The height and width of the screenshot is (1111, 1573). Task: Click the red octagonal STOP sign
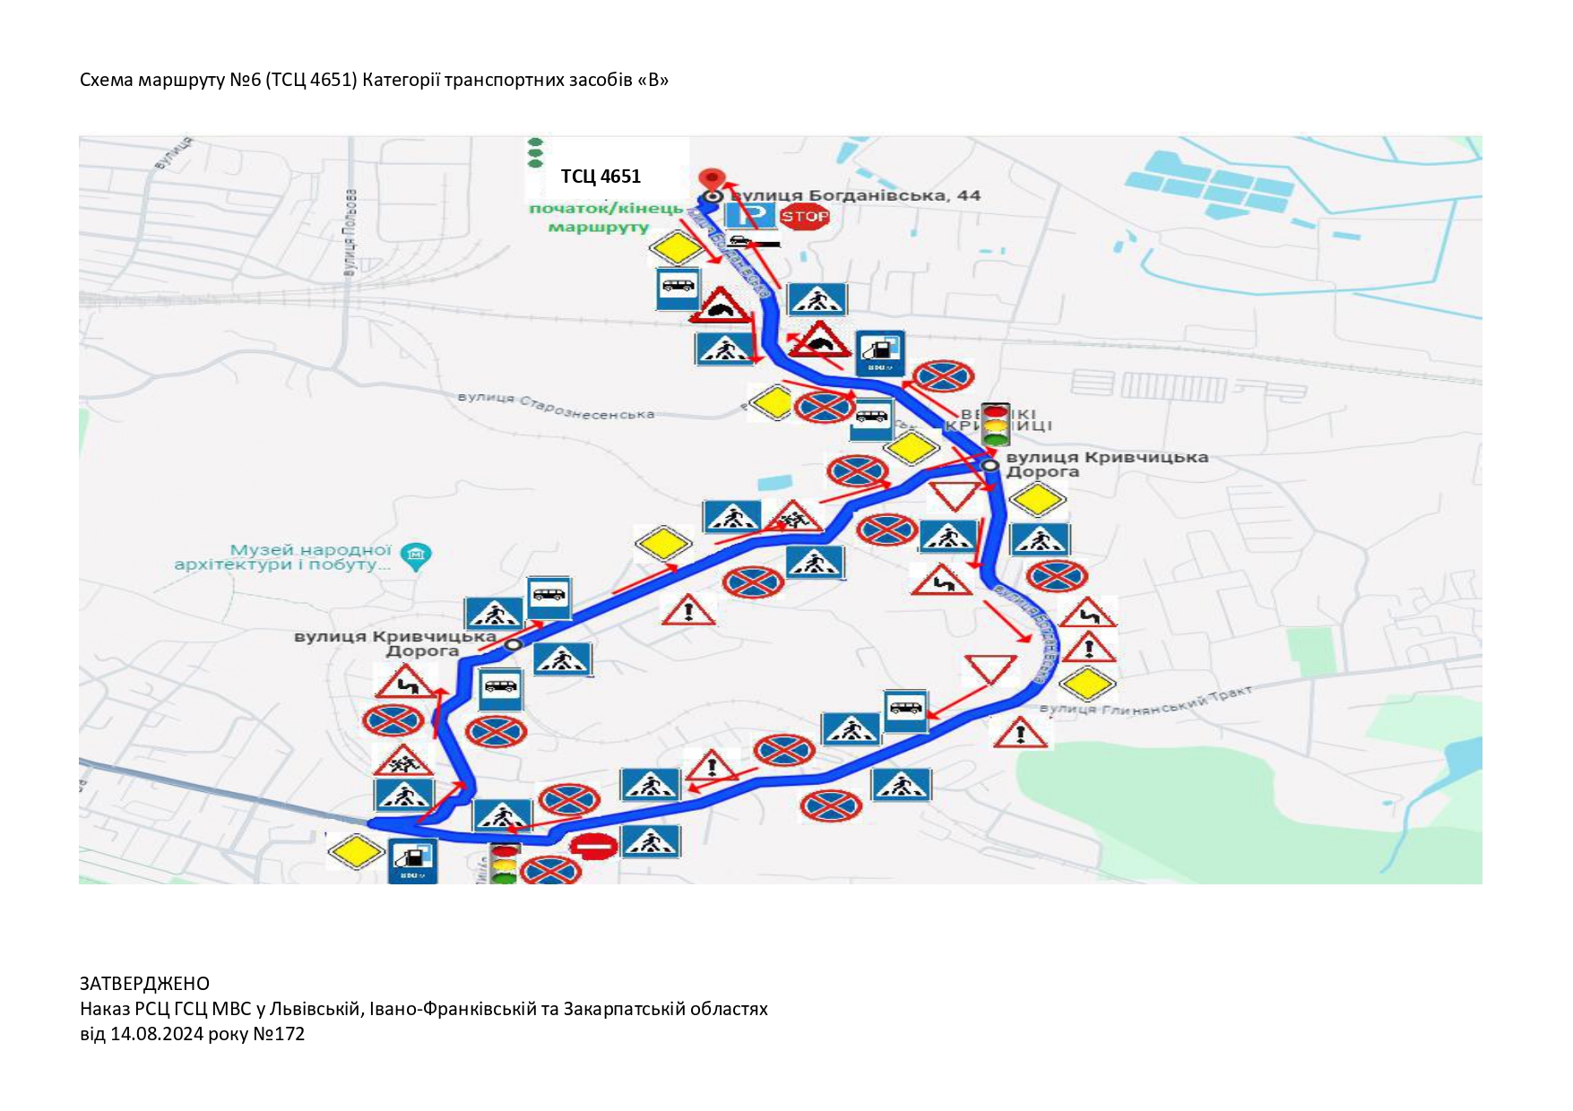tap(804, 216)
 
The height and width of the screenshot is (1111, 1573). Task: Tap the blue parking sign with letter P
tap(750, 215)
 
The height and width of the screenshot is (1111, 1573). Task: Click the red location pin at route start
tap(711, 178)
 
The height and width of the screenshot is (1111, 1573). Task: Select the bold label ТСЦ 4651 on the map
tap(601, 177)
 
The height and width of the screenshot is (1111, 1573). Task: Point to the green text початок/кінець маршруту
tap(605, 218)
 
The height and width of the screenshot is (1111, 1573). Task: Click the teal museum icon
tap(416, 555)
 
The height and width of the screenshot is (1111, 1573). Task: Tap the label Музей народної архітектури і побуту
tap(283, 557)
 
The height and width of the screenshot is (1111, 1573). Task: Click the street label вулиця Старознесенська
tap(556, 406)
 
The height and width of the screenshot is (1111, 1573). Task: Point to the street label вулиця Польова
tap(350, 233)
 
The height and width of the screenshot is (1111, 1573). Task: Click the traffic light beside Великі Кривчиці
tap(996, 425)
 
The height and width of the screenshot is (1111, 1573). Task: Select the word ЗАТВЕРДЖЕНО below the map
tap(144, 984)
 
